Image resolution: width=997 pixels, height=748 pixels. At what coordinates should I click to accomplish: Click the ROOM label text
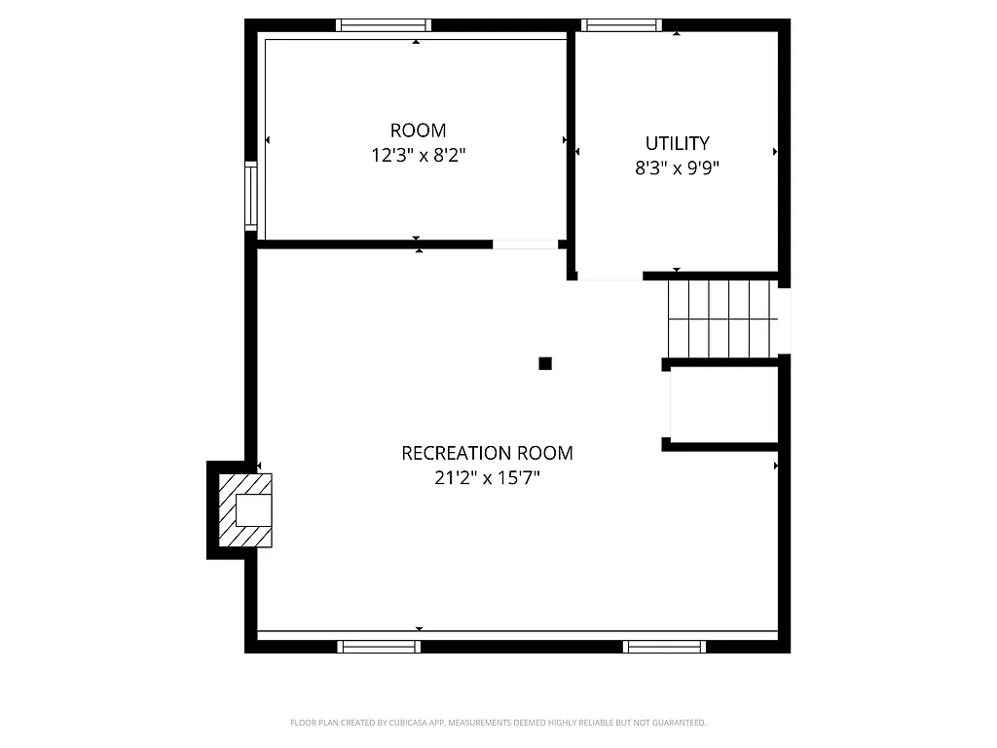(418, 131)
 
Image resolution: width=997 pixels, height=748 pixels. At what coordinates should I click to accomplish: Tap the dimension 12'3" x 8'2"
(418, 155)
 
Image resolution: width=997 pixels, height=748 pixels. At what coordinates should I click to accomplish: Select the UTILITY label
(678, 143)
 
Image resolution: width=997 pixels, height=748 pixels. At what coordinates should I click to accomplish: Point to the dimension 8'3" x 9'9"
(678, 168)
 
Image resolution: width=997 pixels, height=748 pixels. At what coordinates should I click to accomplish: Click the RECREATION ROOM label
(487, 453)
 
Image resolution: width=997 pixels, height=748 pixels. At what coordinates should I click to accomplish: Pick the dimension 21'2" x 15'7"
(487, 478)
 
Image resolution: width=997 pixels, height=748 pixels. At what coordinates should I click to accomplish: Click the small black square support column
(545, 364)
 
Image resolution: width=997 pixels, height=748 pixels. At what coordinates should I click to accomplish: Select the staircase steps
(720, 319)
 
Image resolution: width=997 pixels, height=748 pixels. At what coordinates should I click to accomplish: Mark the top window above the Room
(384, 25)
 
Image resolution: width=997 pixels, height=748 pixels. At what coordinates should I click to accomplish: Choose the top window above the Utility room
(621, 25)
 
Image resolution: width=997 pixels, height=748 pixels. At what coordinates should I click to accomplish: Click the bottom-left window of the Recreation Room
(379, 646)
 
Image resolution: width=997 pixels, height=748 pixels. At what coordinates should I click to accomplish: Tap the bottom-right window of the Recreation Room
(665, 646)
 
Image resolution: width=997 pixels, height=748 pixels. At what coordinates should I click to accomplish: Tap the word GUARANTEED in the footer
(681, 723)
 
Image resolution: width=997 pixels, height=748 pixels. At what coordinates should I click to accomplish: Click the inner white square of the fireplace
(253, 510)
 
